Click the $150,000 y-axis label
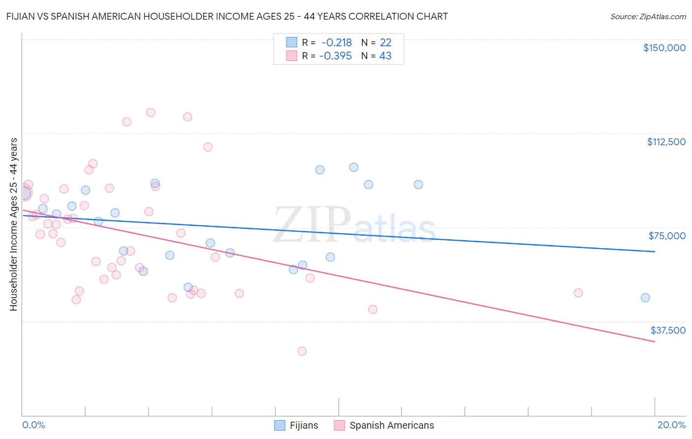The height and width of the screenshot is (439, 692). (664, 48)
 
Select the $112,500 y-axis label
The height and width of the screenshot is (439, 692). (666, 142)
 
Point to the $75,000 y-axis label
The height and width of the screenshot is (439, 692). (667, 236)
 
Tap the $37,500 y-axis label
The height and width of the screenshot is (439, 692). (668, 330)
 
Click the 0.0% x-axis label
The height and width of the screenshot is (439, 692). (33, 425)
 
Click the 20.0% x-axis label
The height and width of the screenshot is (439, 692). (671, 425)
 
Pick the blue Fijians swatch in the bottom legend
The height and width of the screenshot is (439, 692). (280, 425)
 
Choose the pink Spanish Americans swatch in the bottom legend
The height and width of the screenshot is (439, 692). (339, 425)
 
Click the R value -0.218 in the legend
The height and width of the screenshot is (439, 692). (336, 43)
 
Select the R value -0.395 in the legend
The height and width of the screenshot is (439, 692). (335, 56)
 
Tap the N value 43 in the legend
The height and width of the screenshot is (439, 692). (385, 56)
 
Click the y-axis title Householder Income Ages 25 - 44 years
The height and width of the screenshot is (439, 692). (13, 224)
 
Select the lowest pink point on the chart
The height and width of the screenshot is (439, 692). (302, 351)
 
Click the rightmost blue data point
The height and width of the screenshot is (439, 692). (645, 298)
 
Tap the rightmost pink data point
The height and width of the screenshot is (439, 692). (578, 293)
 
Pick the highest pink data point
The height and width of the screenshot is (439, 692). (151, 113)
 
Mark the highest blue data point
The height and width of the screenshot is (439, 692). (353, 167)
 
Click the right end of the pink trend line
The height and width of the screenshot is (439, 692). (655, 342)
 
